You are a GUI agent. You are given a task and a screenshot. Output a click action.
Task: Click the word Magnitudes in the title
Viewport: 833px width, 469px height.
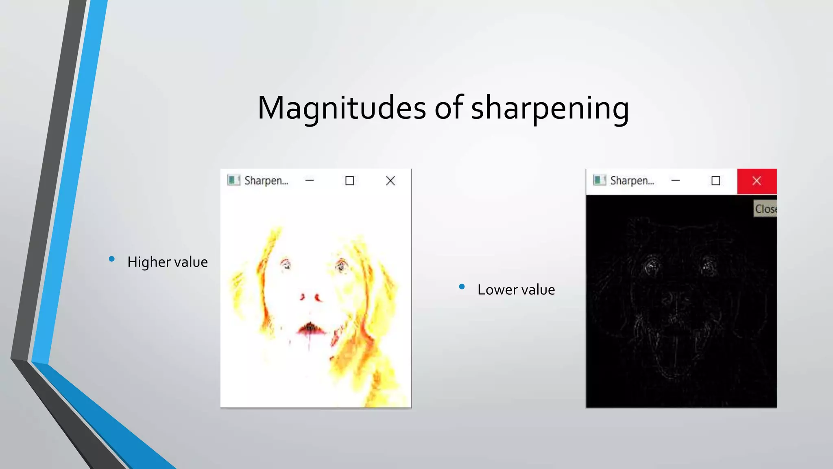[x=342, y=108]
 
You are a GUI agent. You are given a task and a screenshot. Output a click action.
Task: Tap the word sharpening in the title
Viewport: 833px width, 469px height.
[x=550, y=108]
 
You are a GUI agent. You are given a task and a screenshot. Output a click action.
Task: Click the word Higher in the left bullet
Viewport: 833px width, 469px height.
[x=149, y=262]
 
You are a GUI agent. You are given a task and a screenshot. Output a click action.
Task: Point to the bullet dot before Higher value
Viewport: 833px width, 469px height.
[x=112, y=259]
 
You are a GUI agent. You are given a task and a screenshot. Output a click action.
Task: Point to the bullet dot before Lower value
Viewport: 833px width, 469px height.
[x=462, y=287]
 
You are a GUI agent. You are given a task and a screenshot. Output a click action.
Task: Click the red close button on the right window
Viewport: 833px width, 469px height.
[x=757, y=181]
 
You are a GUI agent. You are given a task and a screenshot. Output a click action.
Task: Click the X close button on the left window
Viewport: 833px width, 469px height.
[x=390, y=181]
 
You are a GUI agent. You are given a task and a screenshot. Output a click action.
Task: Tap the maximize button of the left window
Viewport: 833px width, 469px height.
[x=350, y=181]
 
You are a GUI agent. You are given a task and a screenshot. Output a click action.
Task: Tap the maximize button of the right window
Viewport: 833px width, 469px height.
[x=716, y=181]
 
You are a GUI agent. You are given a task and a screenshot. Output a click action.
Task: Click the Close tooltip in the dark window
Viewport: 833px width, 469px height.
[x=765, y=209]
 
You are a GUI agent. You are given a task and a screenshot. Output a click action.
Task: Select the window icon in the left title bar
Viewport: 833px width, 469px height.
[x=233, y=180]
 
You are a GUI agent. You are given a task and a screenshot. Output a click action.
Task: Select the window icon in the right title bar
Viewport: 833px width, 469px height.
[x=600, y=180]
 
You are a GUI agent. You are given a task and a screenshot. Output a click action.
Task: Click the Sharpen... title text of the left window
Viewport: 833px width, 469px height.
[x=266, y=181]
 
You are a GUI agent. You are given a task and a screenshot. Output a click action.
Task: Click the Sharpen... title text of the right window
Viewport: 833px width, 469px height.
[x=632, y=181]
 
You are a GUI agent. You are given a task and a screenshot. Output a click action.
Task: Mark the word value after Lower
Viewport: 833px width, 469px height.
[x=538, y=289]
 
